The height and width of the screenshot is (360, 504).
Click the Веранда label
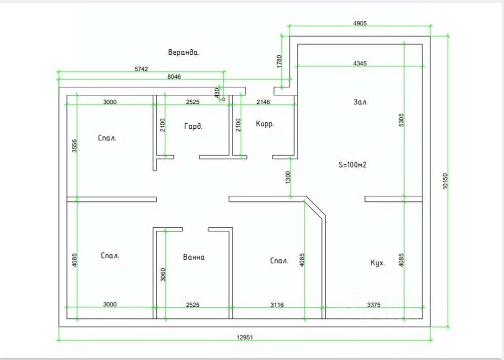[x=184, y=52]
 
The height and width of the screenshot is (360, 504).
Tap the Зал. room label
[x=361, y=102]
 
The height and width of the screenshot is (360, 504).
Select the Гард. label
[x=193, y=127]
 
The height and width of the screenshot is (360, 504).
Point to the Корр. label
[x=265, y=124]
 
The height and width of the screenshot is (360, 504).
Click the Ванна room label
[x=194, y=257]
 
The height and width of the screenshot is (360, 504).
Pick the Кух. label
[x=378, y=263]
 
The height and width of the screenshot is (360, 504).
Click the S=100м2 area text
[x=352, y=165]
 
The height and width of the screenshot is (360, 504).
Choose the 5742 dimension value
[x=140, y=69]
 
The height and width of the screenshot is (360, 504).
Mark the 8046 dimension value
[x=174, y=77]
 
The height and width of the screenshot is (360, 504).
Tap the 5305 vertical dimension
[x=401, y=121]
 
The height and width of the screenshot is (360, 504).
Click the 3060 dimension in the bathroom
[x=162, y=274]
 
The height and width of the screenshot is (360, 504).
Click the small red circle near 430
[x=223, y=99]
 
